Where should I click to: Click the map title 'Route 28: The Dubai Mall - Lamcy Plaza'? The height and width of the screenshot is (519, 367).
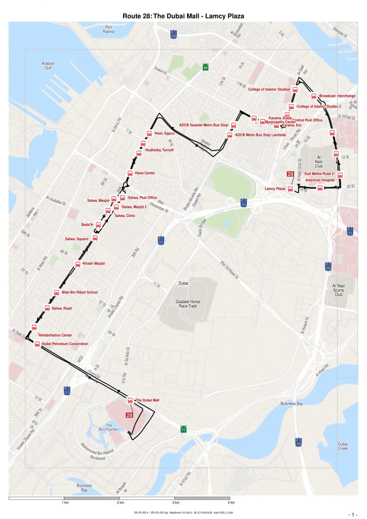pyautogui.click(x=183, y=16)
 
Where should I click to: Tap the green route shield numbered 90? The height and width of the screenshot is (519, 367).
pyautogui.click(x=206, y=67)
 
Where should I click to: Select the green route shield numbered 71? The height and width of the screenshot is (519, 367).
pyautogui.click(x=183, y=430)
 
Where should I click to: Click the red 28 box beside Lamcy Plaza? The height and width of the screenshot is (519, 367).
pyautogui.click(x=290, y=174)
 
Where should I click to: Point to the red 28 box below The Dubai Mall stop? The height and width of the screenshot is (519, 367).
pyautogui.click(x=129, y=415)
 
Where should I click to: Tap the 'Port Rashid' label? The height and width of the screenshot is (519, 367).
pyautogui.click(x=108, y=29)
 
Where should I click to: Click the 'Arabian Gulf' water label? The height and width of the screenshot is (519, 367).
pyautogui.click(x=48, y=65)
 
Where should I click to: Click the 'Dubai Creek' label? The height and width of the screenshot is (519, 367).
pyautogui.click(x=343, y=446)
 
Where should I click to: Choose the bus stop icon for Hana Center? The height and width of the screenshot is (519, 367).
pyautogui.click(x=130, y=173)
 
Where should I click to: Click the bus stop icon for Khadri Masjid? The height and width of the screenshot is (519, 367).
pyautogui.click(x=78, y=264)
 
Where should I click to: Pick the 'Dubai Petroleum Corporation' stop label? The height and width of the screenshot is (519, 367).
pyautogui.click(x=65, y=344)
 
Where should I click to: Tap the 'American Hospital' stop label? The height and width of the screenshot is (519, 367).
pyautogui.click(x=320, y=180)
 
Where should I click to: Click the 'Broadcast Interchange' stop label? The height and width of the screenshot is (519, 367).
pyautogui.click(x=337, y=96)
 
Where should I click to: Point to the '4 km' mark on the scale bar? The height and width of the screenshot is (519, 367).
pyautogui.click(x=231, y=502)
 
